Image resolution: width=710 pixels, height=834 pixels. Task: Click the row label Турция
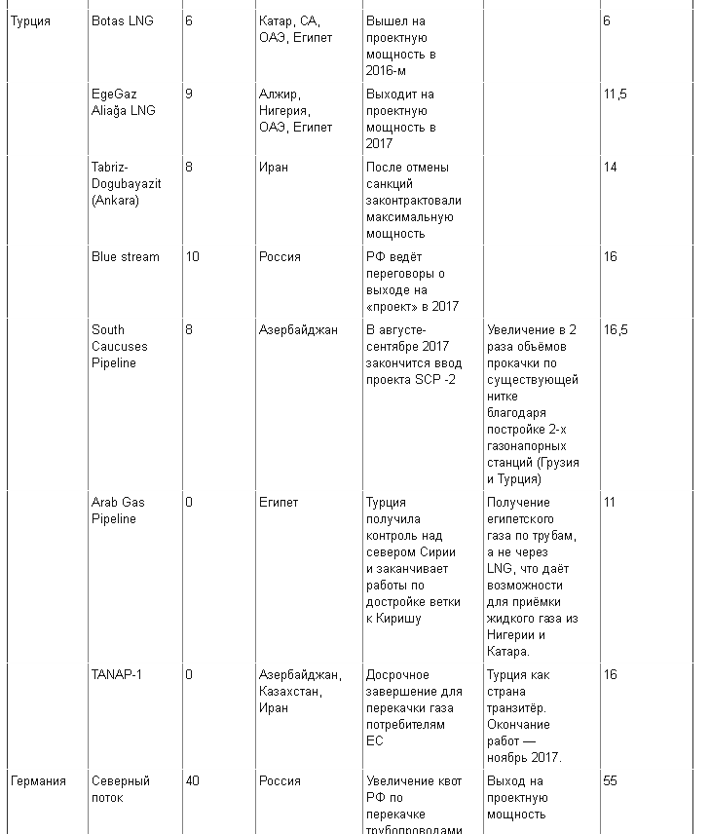[30, 20]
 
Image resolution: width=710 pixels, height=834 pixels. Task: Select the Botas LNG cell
[122, 20]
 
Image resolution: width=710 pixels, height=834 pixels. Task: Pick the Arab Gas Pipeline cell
[118, 511]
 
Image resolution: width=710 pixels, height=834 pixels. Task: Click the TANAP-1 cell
[117, 674]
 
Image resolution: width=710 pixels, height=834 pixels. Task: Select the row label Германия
[38, 780]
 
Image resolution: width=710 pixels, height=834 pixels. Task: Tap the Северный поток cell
[121, 789]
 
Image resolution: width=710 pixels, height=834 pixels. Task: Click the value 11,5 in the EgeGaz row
[615, 94]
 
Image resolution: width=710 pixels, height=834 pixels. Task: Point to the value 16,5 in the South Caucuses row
[616, 329]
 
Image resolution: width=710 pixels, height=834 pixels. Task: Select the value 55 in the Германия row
[611, 780]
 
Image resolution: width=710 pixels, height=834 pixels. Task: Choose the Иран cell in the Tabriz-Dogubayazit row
[274, 167]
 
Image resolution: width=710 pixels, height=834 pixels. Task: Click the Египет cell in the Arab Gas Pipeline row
[279, 502]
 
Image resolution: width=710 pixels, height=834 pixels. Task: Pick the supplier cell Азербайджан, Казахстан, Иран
[300, 691]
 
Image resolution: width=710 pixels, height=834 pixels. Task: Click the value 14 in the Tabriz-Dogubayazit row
[611, 167]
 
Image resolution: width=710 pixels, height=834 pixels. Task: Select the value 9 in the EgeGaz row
[189, 94]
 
